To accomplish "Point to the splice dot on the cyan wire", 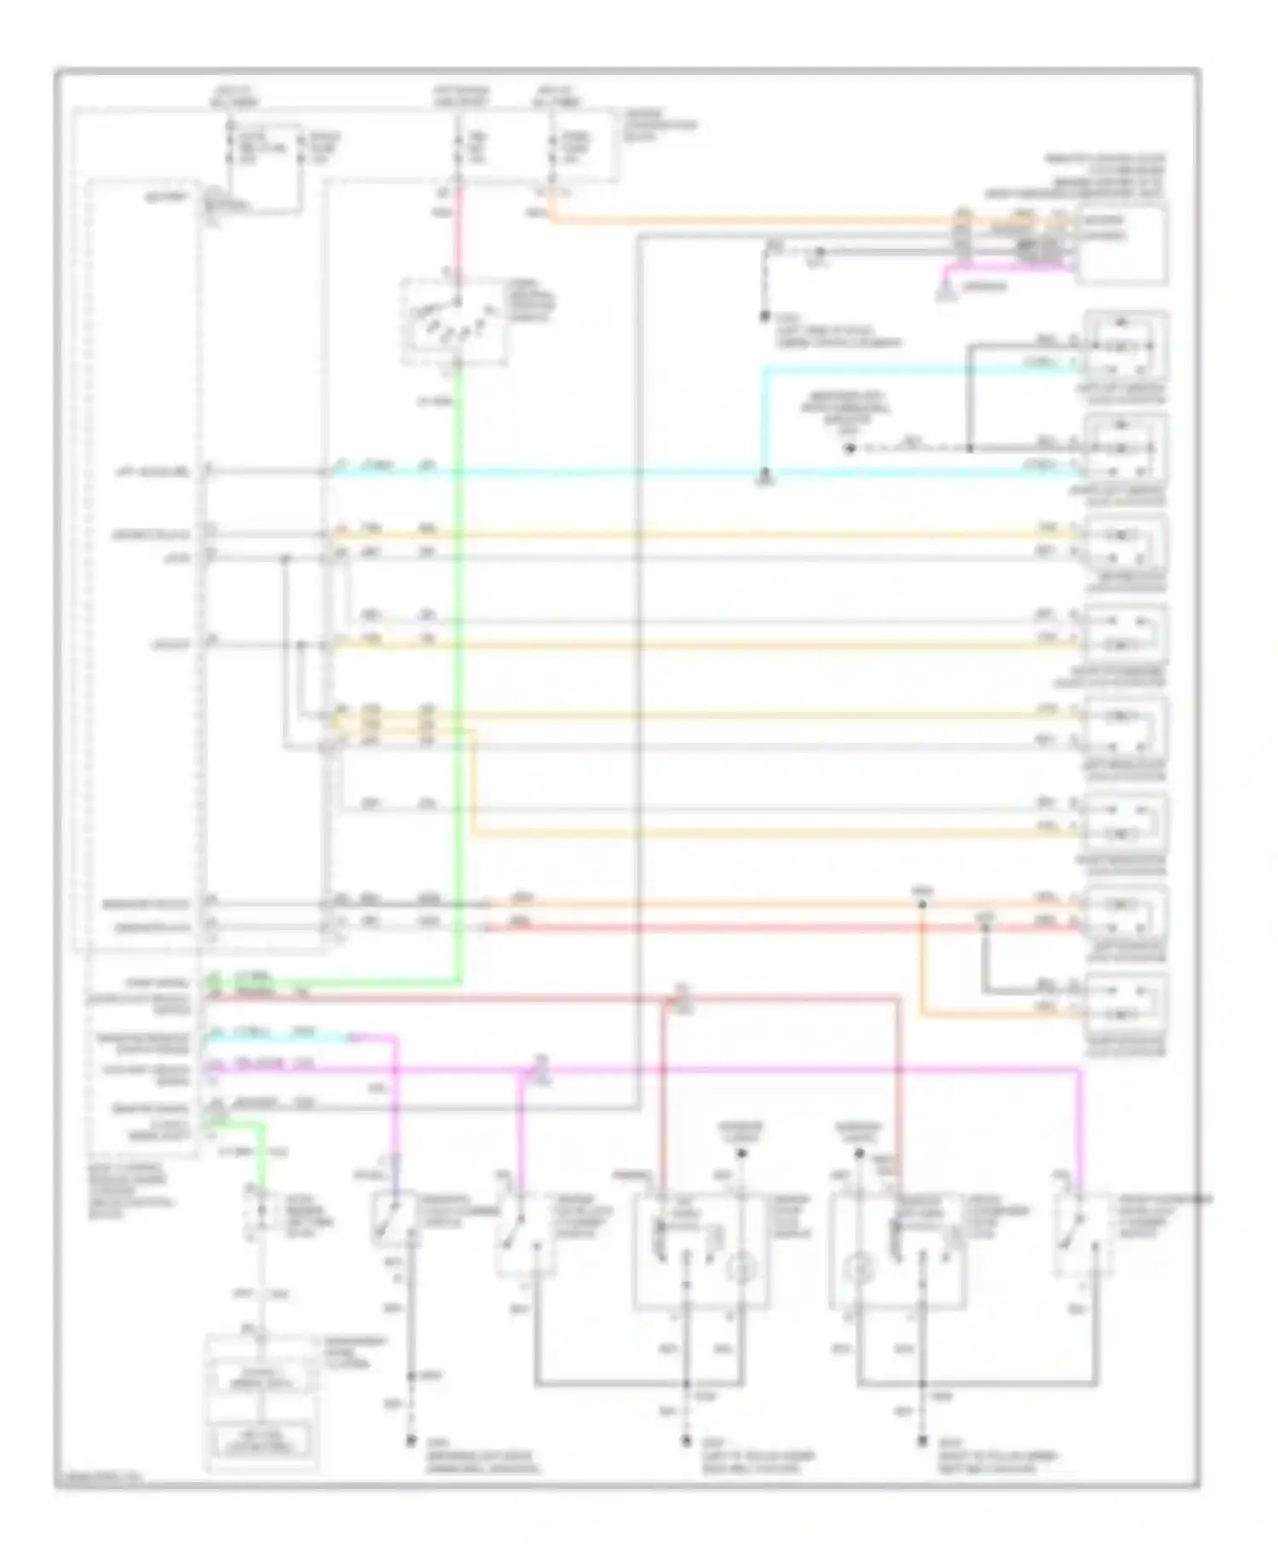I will coord(764,471).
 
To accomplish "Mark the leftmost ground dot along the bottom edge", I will coord(411,1440).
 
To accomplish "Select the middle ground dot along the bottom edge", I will coord(685,1440).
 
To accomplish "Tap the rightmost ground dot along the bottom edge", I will coord(922,1440).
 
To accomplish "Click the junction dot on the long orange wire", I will coord(921,904).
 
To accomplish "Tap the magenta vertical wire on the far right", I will coord(1081,1124).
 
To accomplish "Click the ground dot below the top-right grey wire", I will coord(764,316).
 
